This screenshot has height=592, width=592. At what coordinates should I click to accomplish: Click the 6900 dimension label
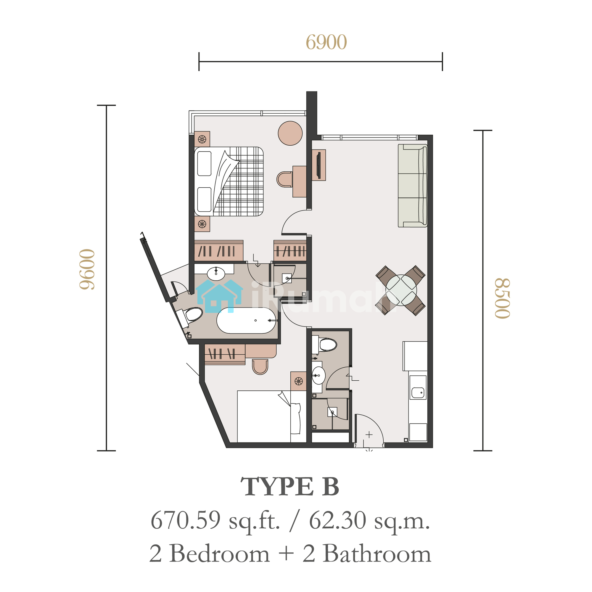point(326,42)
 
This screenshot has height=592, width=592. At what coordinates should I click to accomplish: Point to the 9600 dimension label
point(87,269)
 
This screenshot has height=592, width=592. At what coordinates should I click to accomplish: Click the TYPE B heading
point(290,487)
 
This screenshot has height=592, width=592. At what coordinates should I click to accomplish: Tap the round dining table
point(401,290)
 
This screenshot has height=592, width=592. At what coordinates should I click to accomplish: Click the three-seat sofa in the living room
point(412,186)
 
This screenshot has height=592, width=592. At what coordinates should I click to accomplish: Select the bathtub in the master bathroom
point(247,321)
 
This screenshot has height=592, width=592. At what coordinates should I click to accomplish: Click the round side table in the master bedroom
point(290,133)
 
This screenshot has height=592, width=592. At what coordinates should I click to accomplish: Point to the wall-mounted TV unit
point(319,165)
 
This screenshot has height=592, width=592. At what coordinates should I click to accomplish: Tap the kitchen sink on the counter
point(418,392)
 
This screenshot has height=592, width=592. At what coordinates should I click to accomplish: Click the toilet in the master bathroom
point(190,316)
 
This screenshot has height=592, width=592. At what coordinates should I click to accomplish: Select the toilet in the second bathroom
point(324,345)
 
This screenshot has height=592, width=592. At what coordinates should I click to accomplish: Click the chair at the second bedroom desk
point(260,367)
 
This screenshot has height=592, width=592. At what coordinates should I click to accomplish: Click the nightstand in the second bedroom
point(298,381)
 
